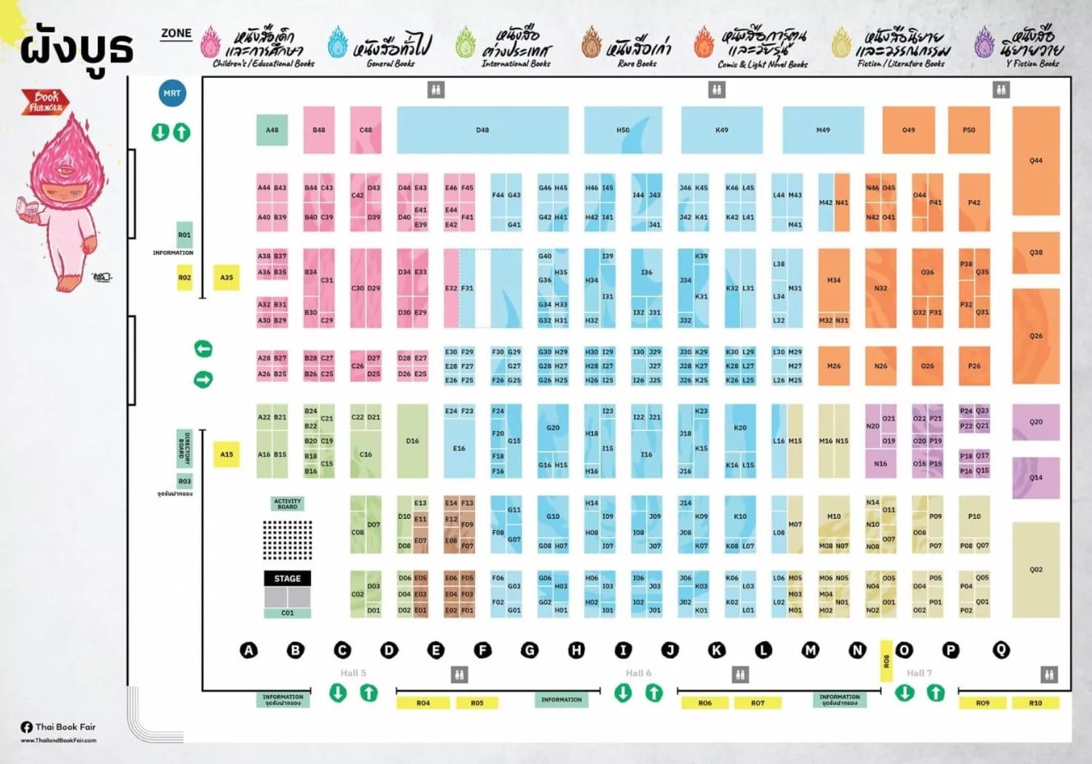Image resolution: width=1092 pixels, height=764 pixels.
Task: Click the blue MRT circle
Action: pos(171,93)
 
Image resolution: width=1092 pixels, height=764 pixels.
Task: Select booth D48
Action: pos(482,130)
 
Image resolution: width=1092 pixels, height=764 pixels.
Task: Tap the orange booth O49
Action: pos(908,130)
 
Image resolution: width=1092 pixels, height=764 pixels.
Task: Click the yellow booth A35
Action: pos(226,278)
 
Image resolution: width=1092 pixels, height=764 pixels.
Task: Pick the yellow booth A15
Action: pos(226,454)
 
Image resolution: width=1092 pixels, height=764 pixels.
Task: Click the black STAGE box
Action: pos(287,579)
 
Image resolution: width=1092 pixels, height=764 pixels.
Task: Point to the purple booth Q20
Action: pos(1035,422)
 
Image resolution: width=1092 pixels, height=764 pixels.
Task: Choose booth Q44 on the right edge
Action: pos(1035,161)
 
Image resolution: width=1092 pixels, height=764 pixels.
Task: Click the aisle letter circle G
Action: pos(530,650)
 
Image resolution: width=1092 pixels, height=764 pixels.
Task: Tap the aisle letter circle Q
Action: pos(1001,650)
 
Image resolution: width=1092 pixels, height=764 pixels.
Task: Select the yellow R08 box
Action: pos(886,661)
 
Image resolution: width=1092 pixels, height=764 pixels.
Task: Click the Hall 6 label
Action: pos(638,673)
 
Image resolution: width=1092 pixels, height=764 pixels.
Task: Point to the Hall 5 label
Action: pos(354,673)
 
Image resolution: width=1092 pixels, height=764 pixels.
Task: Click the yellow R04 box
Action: pos(423,703)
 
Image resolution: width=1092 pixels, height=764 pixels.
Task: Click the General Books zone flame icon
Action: pos(337,43)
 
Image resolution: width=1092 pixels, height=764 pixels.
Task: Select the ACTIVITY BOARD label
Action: pos(287,504)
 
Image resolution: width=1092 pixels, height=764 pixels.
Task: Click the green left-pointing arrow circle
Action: pos(203,349)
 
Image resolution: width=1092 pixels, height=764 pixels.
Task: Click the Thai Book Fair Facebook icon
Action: pos(26,726)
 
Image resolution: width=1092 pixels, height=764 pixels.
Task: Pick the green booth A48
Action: pos(272,130)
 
